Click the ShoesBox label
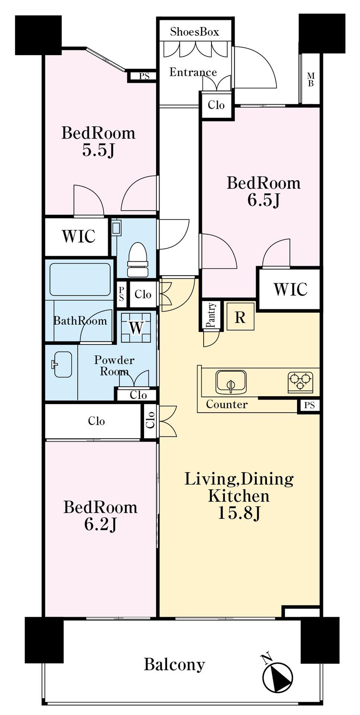tap(194, 32)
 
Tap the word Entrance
tap(193, 72)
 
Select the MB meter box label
tap(310, 79)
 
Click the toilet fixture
tap(138, 260)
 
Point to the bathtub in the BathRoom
tap(80, 279)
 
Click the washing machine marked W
tap(136, 328)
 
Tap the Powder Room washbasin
tap(62, 364)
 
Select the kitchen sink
tap(231, 382)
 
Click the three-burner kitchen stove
tap(300, 382)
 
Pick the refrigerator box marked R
tap(240, 317)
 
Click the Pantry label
tap(211, 315)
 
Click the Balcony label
tap(175, 665)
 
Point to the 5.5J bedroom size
tap(98, 150)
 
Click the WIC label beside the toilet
tap(79, 236)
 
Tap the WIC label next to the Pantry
tap(290, 289)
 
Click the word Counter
tap(227, 404)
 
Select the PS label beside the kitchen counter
tap(309, 405)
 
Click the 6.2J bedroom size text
tap(101, 524)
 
